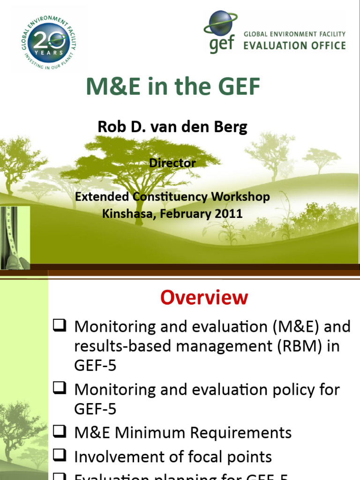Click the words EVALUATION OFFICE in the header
[294, 46]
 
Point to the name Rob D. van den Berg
[172, 127]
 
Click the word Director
[172, 163]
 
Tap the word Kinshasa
[123, 214]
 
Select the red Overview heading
[204, 298]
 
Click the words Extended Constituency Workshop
[172, 197]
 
